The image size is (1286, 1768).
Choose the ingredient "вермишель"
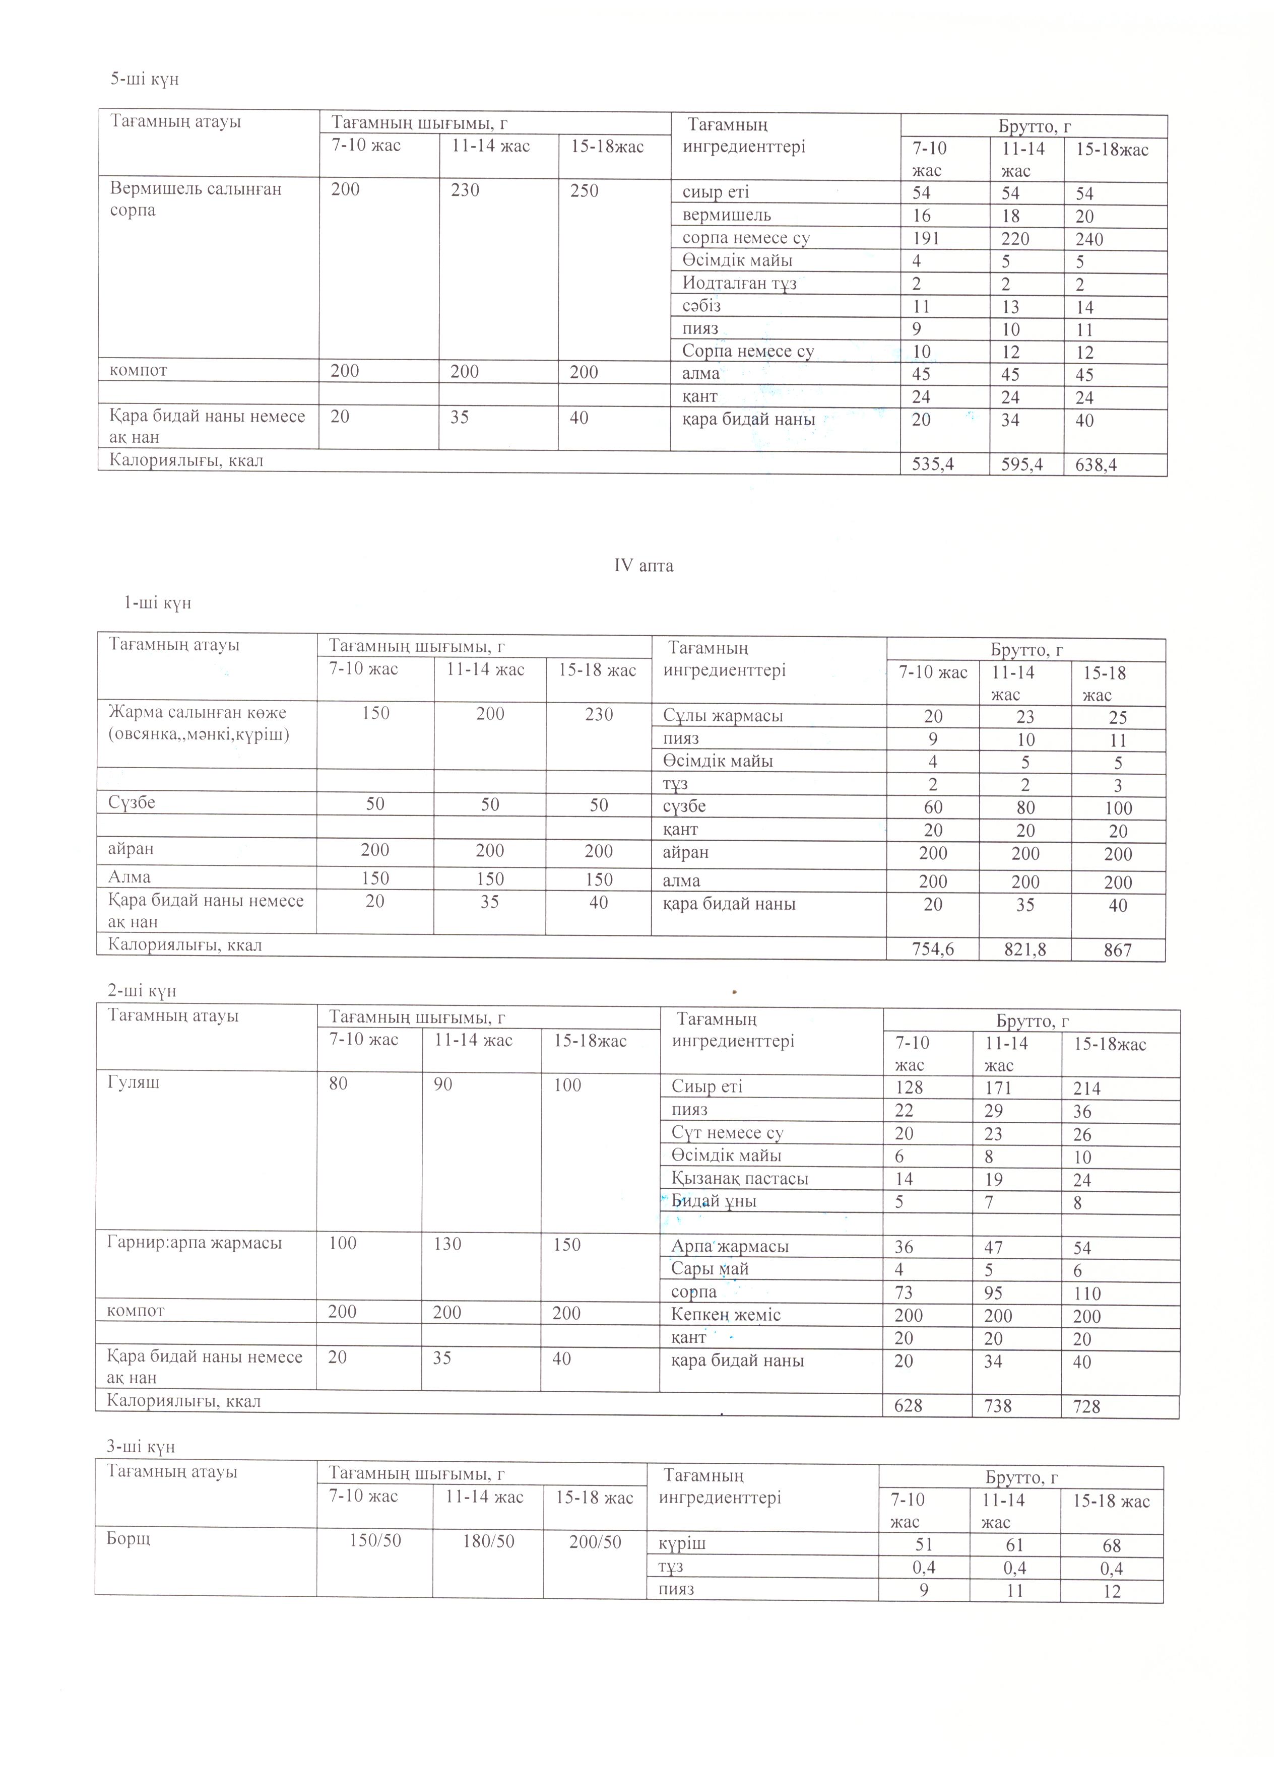(x=727, y=215)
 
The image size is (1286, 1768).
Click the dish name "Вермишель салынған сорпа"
(x=195, y=199)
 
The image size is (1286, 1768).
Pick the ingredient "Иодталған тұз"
(x=739, y=284)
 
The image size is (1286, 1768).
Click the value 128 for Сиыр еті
(x=909, y=1088)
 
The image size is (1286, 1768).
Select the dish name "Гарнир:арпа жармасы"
(x=194, y=1243)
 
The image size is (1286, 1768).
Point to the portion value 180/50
(x=488, y=1541)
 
